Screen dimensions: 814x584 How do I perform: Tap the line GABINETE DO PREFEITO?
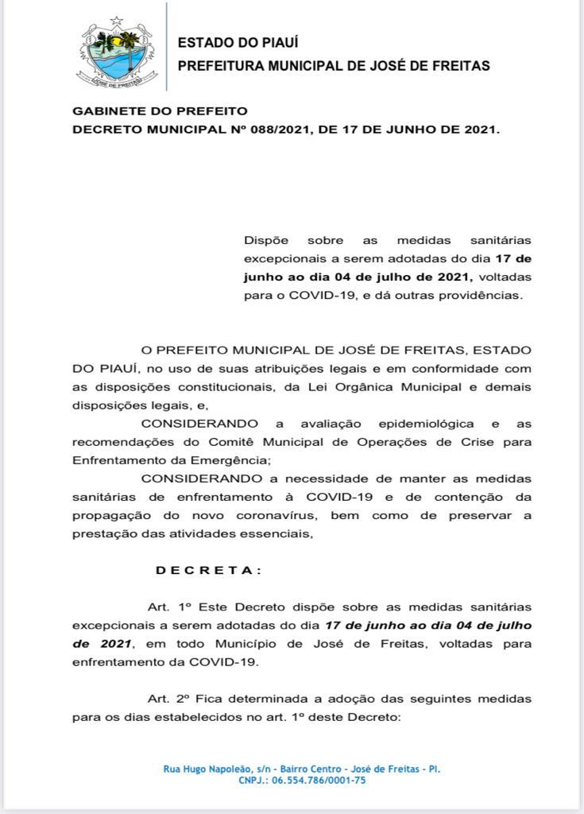pos(160,111)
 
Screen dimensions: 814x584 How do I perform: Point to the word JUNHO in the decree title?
pos(411,129)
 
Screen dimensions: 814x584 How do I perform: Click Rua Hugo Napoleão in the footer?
pos(205,769)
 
